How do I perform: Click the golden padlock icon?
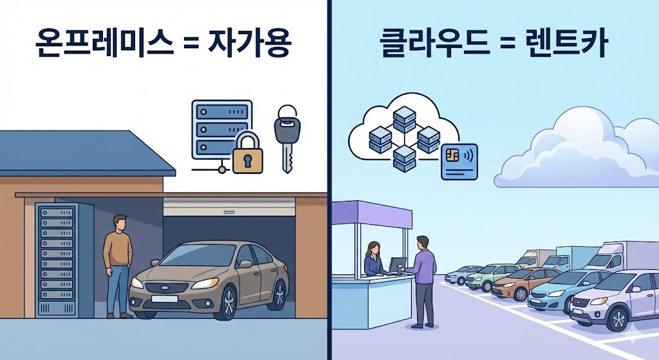tap(248, 155)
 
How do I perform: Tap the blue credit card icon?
tap(458, 162)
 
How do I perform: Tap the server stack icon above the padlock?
tap(221, 129)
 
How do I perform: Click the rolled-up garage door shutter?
tap(228, 206)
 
